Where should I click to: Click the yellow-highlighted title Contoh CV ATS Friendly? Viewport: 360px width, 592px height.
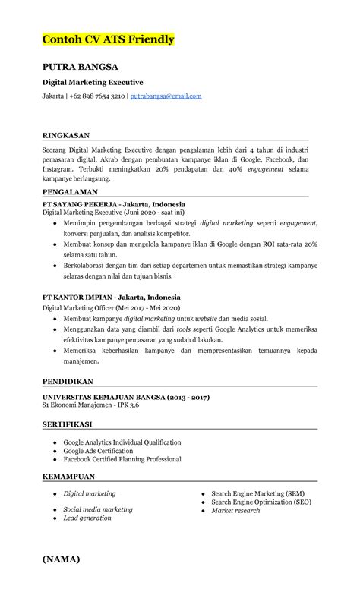click(x=109, y=39)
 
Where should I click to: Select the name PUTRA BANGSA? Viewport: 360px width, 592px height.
click(x=80, y=68)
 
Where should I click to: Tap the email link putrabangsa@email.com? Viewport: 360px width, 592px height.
click(x=166, y=96)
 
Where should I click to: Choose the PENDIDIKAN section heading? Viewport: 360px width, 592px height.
click(x=68, y=381)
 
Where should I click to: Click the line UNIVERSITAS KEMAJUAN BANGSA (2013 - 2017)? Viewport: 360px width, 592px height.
click(x=126, y=397)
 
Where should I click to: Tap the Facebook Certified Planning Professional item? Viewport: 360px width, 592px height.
click(x=122, y=459)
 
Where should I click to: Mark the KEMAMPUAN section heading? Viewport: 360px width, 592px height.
click(x=68, y=477)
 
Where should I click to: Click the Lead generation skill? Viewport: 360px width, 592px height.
click(x=87, y=518)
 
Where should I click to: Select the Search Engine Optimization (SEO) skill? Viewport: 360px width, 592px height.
click(x=261, y=502)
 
